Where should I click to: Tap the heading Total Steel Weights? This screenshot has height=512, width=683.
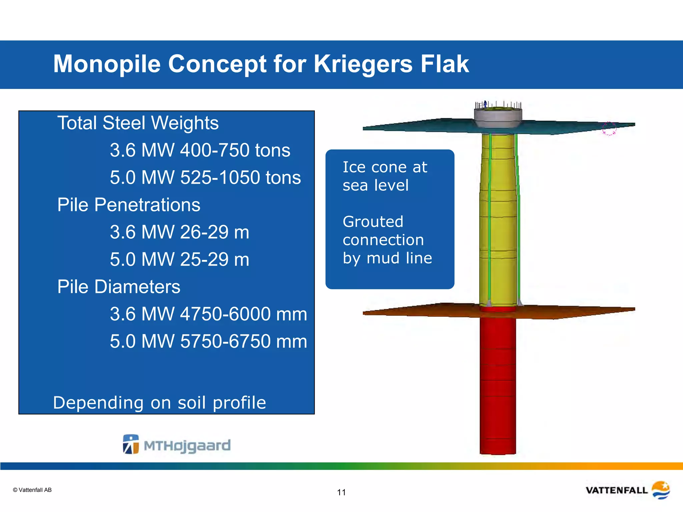(138, 123)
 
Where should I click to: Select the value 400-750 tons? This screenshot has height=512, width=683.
(235, 150)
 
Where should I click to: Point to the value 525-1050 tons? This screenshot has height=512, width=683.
(240, 177)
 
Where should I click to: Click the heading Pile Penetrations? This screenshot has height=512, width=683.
(129, 205)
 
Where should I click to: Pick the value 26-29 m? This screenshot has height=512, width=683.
(214, 232)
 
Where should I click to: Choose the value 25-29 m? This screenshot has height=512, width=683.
(214, 259)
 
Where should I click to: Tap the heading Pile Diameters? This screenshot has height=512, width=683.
(119, 287)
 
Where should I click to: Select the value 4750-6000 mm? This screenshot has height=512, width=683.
(243, 314)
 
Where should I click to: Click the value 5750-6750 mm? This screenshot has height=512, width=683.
(243, 341)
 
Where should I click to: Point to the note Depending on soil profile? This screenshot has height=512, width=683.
(159, 403)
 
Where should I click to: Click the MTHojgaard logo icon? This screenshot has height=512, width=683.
(131, 444)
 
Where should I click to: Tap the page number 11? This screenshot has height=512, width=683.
(341, 492)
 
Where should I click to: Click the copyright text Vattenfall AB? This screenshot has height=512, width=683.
(32, 490)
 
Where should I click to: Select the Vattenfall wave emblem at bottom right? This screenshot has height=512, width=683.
(661, 490)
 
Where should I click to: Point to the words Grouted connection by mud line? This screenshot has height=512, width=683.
(387, 240)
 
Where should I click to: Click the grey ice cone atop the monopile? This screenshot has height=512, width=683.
(498, 118)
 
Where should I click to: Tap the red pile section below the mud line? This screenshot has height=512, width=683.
(498, 383)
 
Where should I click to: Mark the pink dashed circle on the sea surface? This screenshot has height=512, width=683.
(609, 129)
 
